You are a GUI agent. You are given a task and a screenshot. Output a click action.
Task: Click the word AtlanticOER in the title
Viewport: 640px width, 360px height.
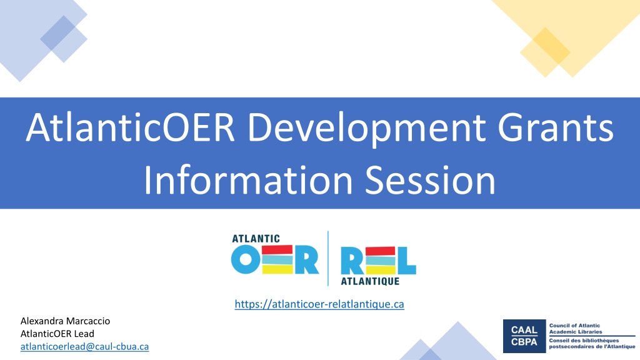pyautogui.click(x=130, y=127)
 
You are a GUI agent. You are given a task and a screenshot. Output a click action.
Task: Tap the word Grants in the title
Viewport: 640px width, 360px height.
pyautogui.click(x=556, y=127)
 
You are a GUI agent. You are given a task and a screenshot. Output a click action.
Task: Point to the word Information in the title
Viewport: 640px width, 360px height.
pyautogui.click(x=248, y=180)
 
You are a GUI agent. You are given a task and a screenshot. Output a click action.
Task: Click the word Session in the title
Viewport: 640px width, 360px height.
pyautogui.click(x=430, y=181)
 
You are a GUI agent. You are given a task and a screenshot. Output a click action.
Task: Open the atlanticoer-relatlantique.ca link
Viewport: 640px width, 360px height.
pyautogui.click(x=319, y=304)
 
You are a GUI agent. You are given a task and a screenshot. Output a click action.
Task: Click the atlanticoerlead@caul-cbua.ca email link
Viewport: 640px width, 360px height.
pyautogui.click(x=84, y=346)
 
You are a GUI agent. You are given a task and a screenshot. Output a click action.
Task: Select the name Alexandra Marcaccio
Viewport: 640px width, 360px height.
pyautogui.click(x=65, y=321)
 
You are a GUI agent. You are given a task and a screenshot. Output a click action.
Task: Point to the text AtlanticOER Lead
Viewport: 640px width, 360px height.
pyautogui.click(x=57, y=334)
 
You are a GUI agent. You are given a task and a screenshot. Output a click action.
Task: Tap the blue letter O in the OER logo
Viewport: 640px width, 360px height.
pyautogui.click(x=246, y=259)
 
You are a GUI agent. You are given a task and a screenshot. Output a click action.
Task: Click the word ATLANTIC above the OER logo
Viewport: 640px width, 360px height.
pyautogui.click(x=256, y=238)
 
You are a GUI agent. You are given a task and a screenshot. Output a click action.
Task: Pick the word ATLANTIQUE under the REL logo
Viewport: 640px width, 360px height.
pyautogui.click(x=370, y=281)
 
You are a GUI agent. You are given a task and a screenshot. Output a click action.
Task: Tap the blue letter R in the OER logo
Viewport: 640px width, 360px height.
pyautogui.click(x=306, y=259)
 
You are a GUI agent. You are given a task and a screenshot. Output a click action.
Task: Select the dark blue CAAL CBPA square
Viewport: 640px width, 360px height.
pyautogui.click(x=524, y=336)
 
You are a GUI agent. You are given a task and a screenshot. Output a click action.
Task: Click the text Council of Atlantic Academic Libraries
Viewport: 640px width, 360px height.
pyautogui.click(x=576, y=329)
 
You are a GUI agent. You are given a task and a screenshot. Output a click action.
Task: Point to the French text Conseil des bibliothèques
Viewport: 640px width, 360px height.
pyautogui.click(x=584, y=341)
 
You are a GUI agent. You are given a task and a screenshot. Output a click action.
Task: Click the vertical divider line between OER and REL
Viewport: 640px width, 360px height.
pyautogui.click(x=328, y=258)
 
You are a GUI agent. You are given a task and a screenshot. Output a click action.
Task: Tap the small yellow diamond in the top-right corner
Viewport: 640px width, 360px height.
pyautogui.click(x=545, y=52)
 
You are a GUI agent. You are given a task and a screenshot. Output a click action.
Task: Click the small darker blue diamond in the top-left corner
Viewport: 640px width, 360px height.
pyautogui.click(x=64, y=39)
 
